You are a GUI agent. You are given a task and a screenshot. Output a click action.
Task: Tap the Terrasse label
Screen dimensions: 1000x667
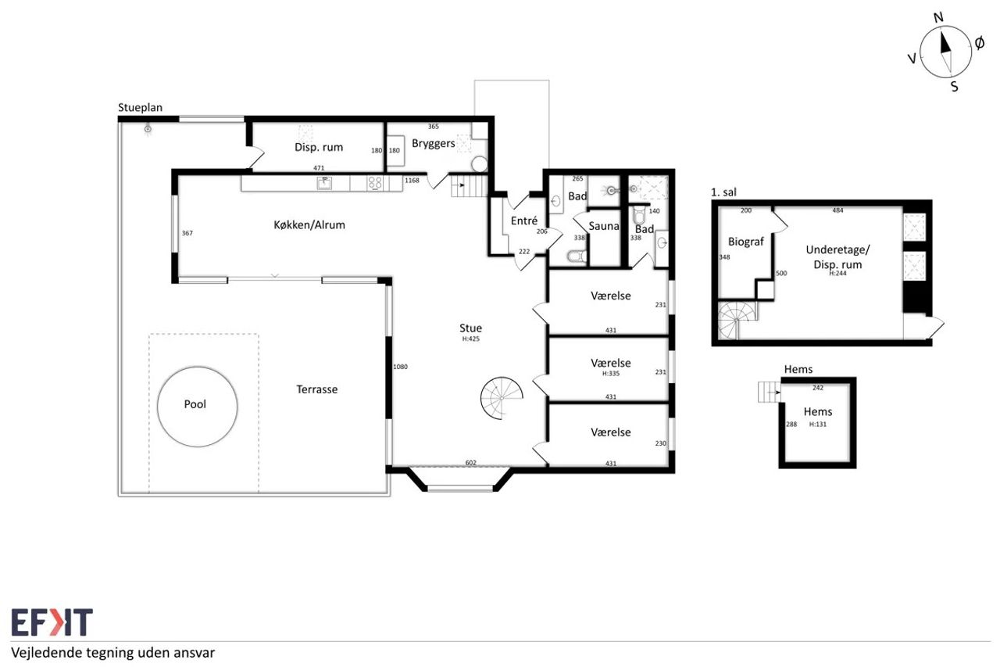[317, 389]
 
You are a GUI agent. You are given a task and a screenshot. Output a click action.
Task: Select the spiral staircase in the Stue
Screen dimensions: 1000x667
[502, 398]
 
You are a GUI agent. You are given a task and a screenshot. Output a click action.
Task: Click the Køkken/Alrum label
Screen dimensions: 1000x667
[309, 224]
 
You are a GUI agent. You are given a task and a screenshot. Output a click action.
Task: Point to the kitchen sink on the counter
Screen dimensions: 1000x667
[324, 183]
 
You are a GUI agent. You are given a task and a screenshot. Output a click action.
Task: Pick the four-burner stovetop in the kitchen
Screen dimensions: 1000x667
[375, 183]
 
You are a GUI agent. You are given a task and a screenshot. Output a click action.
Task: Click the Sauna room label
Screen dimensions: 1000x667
[604, 226]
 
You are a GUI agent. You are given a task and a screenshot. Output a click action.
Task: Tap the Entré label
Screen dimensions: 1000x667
[524, 221]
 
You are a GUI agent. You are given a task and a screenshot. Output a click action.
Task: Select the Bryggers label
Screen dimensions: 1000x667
[434, 143]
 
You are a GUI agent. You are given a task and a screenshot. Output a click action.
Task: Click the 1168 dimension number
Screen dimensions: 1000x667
[412, 181]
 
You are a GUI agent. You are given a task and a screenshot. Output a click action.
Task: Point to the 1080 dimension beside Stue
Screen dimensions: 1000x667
[400, 367]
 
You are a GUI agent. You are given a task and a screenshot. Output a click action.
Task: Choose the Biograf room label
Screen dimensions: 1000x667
[746, 242]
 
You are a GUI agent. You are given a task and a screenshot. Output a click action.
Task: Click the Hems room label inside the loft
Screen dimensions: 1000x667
[818, 411]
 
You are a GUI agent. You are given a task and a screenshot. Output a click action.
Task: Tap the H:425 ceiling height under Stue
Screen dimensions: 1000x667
[470, 339]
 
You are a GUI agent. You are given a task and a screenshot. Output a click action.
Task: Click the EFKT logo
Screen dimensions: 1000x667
[52, 622]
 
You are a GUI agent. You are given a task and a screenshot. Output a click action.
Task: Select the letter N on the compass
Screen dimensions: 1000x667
[938, 17]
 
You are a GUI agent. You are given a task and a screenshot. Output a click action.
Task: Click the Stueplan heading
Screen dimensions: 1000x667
[140, 108]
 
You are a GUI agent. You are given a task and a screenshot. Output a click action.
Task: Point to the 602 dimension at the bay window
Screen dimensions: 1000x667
[471, 463]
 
